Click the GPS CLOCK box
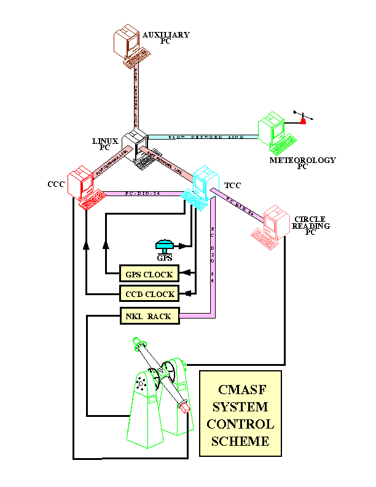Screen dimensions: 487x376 tap(149, 274)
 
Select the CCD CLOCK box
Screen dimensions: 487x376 tap(149, 293)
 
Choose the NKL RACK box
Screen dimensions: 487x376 tap(149, 316)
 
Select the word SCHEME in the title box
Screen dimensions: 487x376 tap(240, 441)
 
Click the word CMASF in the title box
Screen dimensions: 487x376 tap(240, 389)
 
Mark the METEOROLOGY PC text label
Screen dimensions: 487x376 tap(303, 163)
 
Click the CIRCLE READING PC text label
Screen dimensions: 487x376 tap(310, 223)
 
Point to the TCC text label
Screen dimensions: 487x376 tap(232, 184)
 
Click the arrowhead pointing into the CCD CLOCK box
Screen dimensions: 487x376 tap(190, 293)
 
